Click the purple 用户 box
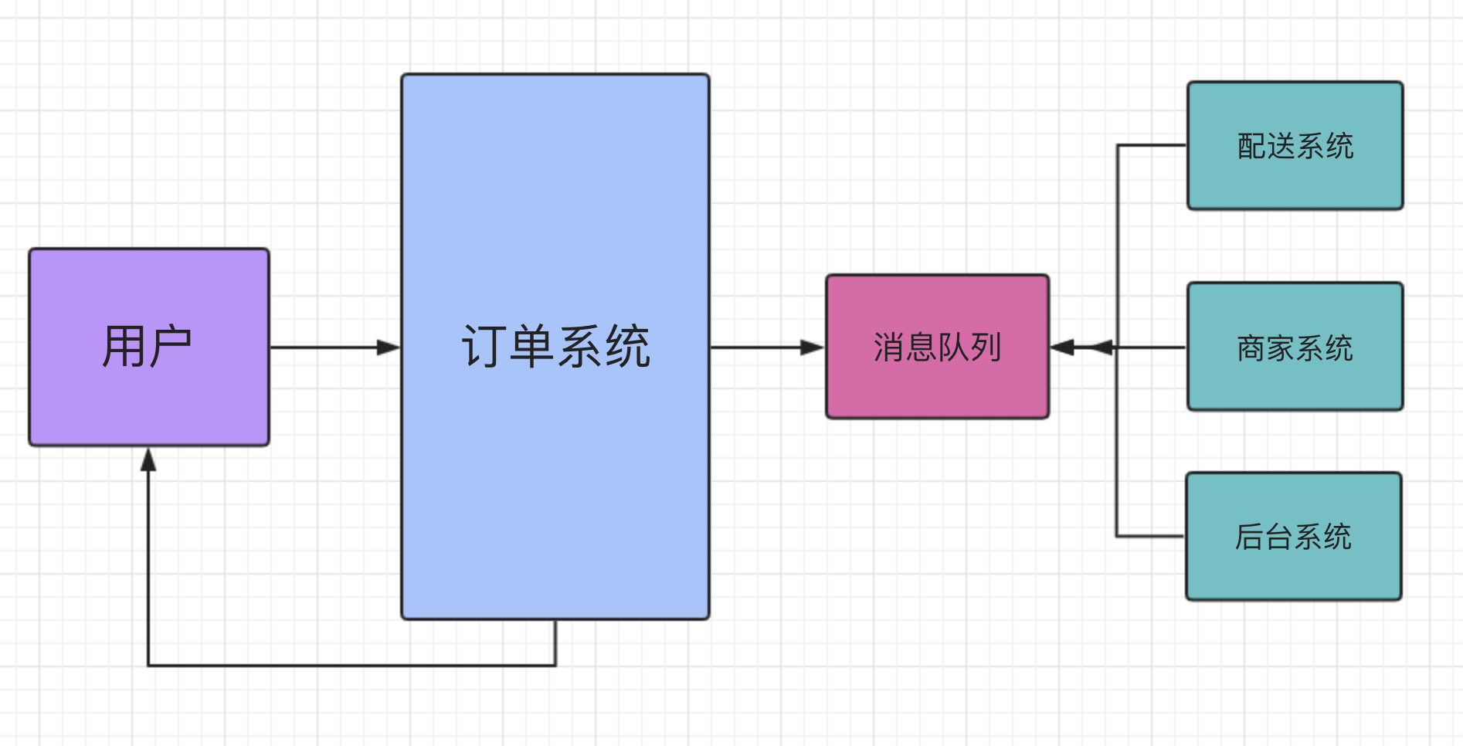[x=149, y=347]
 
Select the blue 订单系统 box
[x=555, y=347]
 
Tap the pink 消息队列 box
[x=938, y=347]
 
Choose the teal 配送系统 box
[x=1295, y=145]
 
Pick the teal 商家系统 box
[x=1295, y=347]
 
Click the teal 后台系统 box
[x=1294, y=537]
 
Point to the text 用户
[x=147, y=347]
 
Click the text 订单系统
[x=556, y=347]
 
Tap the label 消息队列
[x=938, y=348]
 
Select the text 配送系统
[x=1295, y=146]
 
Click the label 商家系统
[x=1295, y=348]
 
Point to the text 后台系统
[x=1294, y=537]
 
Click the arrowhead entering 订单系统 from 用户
[x=389, y=348]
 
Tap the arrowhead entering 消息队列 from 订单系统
[x=813, y=348]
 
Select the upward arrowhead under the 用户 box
[x=148, y=459]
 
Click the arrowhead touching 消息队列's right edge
[x=1062, y=348]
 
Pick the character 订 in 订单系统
[x=484, y=347]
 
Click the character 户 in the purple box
[x=170, y=347]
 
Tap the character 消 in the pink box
[x=889, y=348]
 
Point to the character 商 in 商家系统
[x=1251, y=348]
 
